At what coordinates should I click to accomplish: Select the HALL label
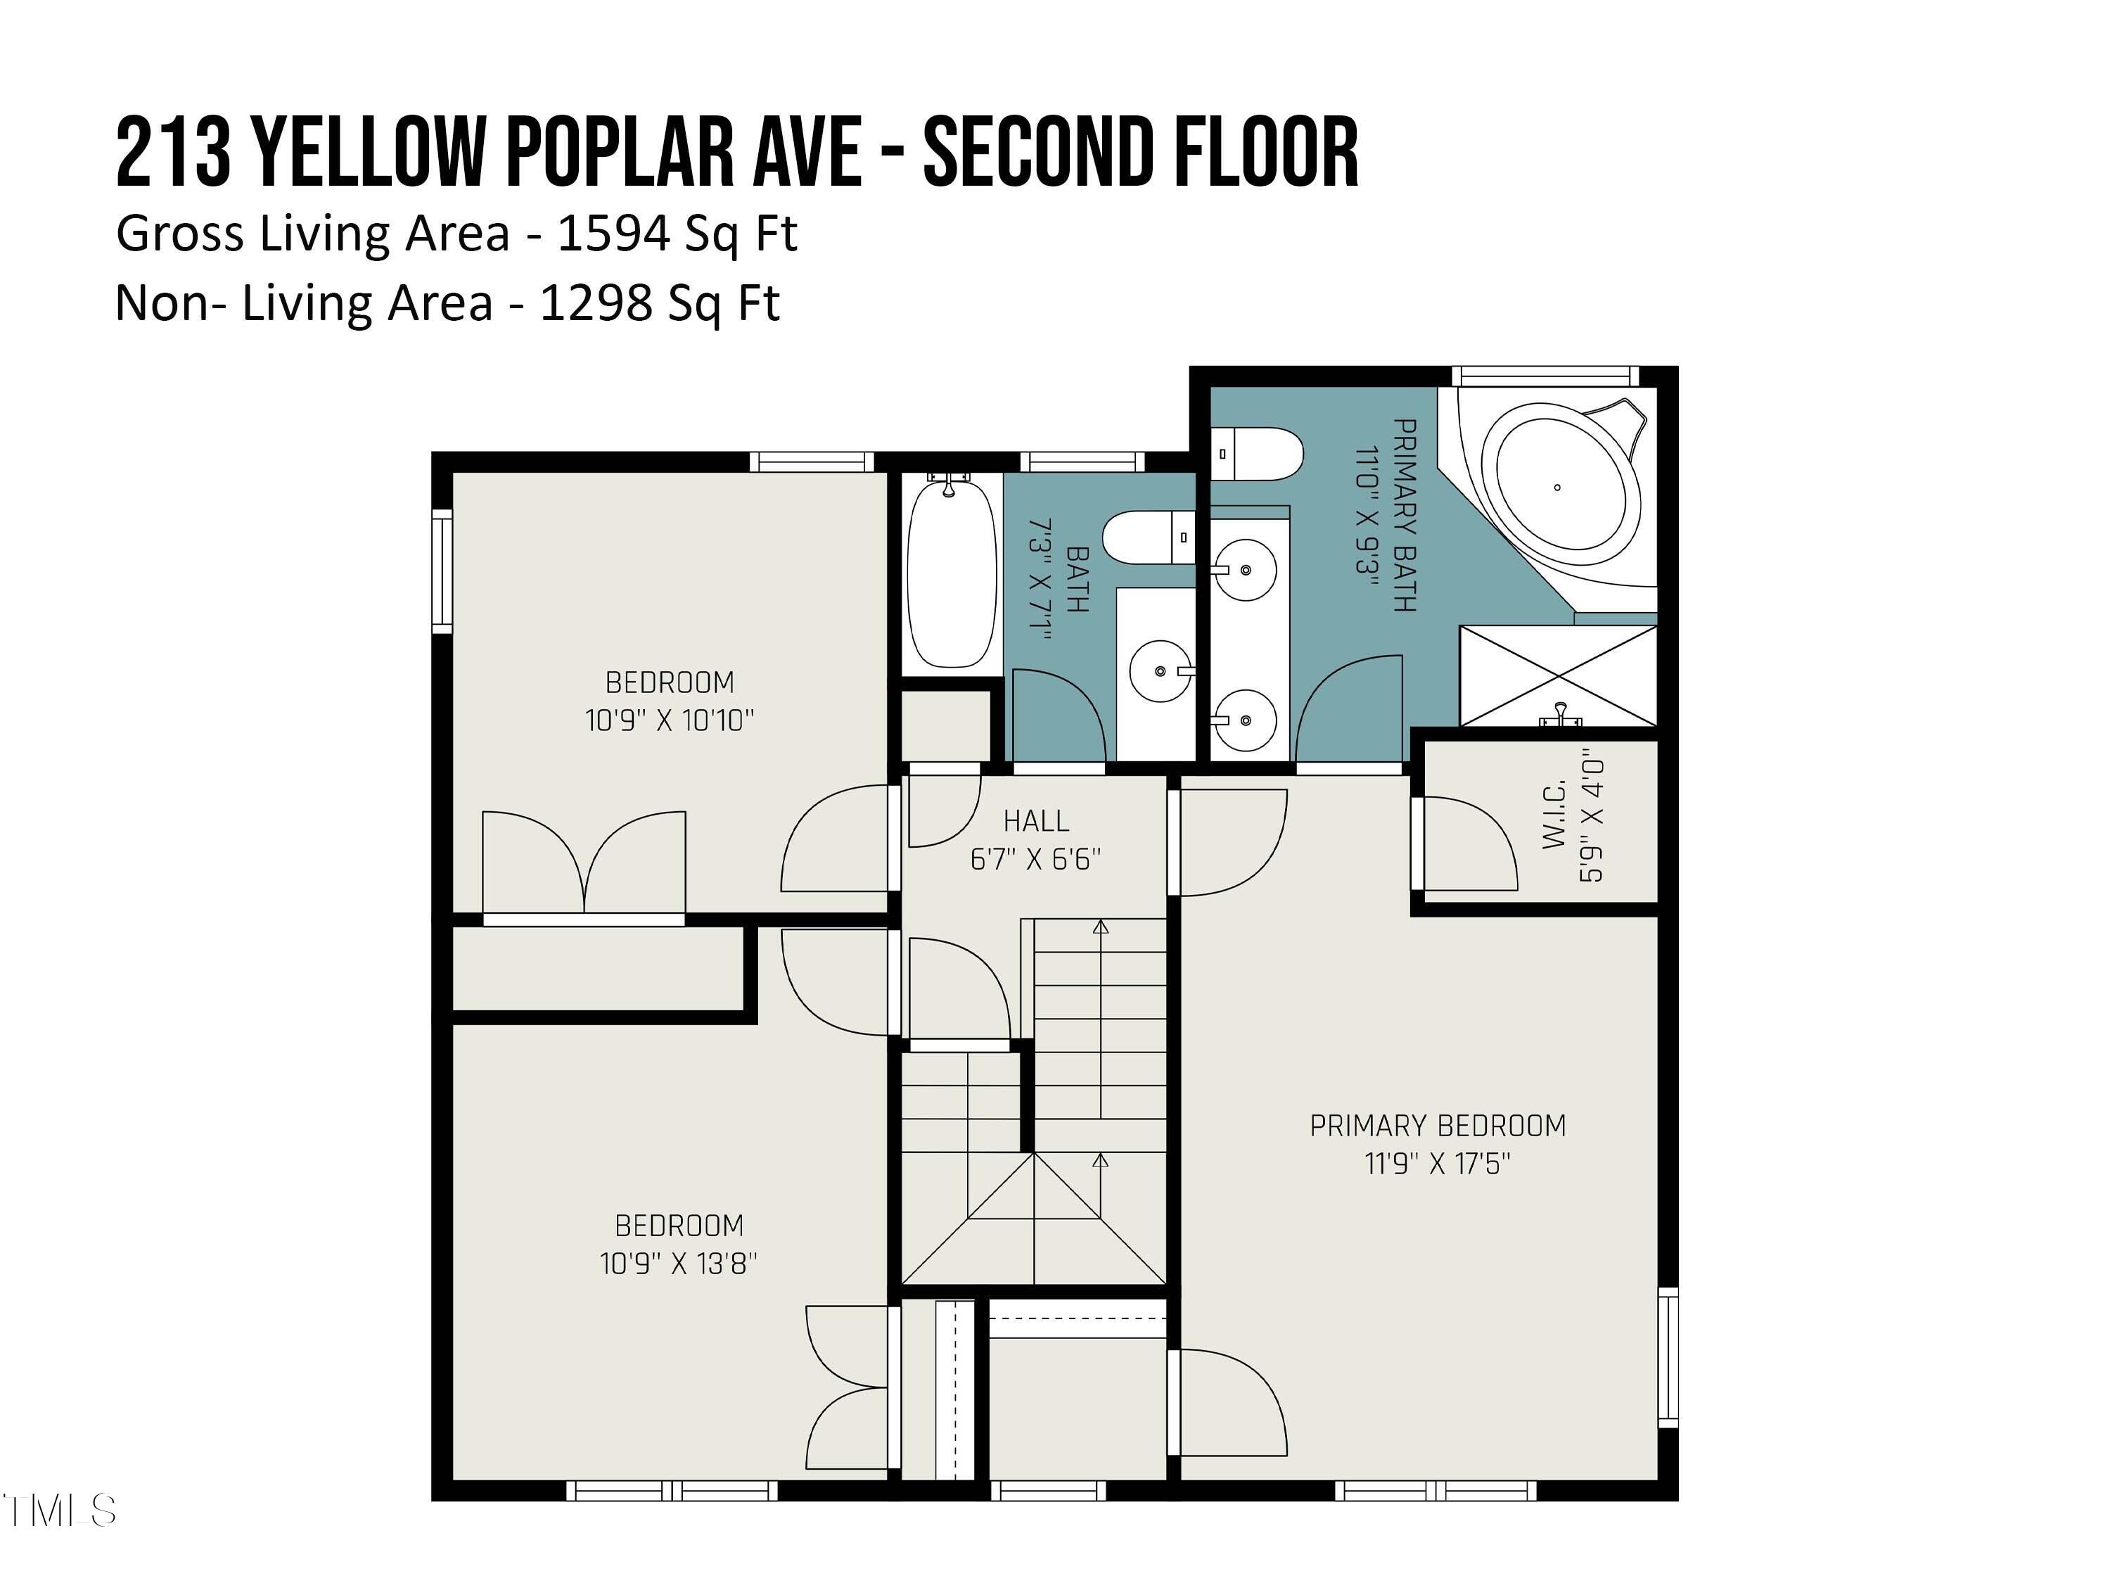pos(1036,820)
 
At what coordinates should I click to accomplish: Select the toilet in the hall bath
pos(1149,538)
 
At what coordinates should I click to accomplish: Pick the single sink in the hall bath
pos(1160,670)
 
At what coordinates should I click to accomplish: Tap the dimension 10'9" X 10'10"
pos(669,720)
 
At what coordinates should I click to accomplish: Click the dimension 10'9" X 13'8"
pos(678,1264)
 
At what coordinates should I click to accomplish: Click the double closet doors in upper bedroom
pos(584,863)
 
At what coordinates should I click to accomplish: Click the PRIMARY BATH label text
pos(1403,514)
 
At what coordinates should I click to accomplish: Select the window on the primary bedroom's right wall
pos(1668,1357)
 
